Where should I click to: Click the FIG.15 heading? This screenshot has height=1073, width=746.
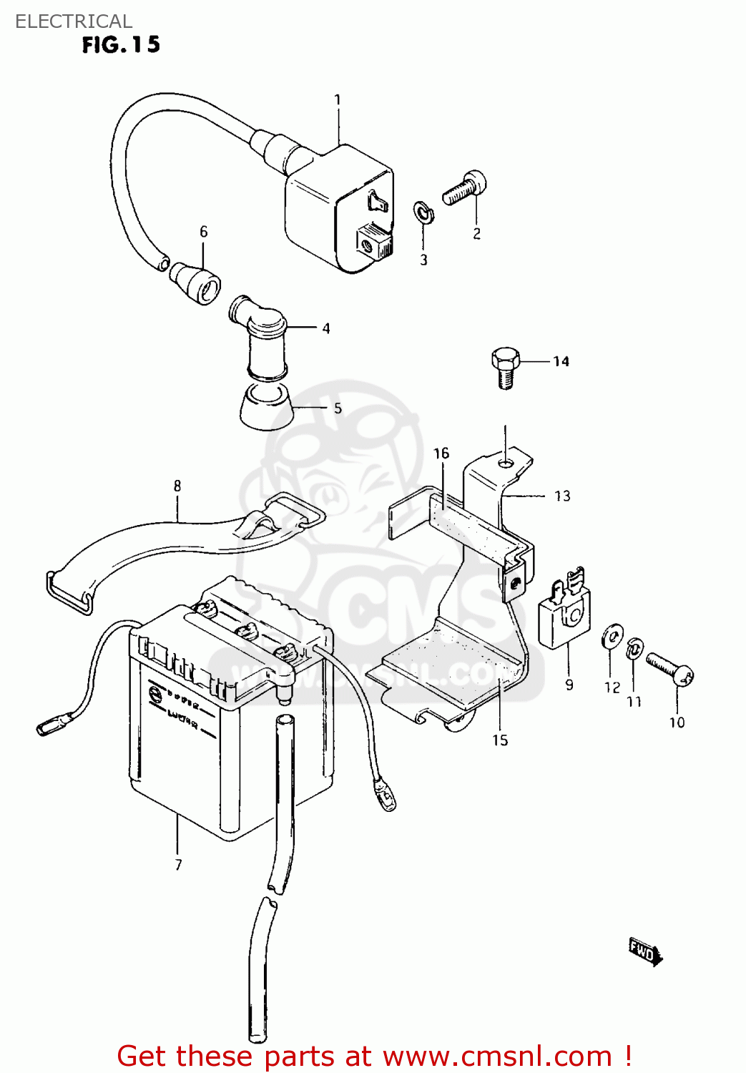tap(121, 45)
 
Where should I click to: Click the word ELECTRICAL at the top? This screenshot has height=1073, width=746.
tap(74, 21)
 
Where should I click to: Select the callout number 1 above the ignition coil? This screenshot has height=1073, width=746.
tap(338, 100)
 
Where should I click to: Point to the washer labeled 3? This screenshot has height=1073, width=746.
tap(423, 212)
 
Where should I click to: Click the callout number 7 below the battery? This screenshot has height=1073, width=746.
tap(178, 864)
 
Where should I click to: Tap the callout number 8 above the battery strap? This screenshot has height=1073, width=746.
tap(177, 486)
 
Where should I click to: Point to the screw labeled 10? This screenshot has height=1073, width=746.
tap(669, 670)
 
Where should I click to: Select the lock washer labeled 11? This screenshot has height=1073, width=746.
tap(633, 650)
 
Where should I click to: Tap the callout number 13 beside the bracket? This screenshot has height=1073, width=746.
tap(562, 496)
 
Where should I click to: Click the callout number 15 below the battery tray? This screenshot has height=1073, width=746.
tap(500, 740)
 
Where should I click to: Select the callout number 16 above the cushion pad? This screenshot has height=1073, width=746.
tap(441, 454)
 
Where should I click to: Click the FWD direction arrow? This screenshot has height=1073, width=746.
tap(645, 952)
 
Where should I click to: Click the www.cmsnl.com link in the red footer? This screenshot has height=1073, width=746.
tap(497, 1056)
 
